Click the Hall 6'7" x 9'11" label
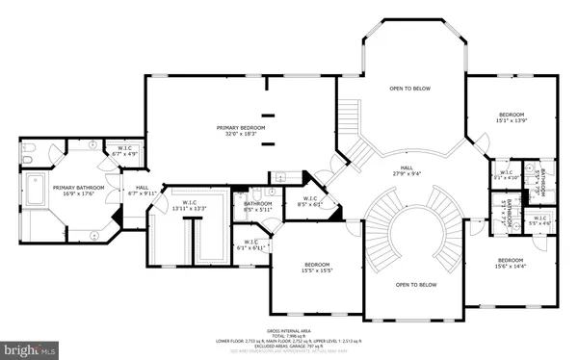click(143, 191)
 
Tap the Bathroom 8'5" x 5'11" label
click(258, 206)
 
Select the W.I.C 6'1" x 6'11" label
click(251, 244)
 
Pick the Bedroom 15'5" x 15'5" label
click(318, 268)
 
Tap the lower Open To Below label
click(416, 285)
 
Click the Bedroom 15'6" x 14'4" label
click(512, 265)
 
